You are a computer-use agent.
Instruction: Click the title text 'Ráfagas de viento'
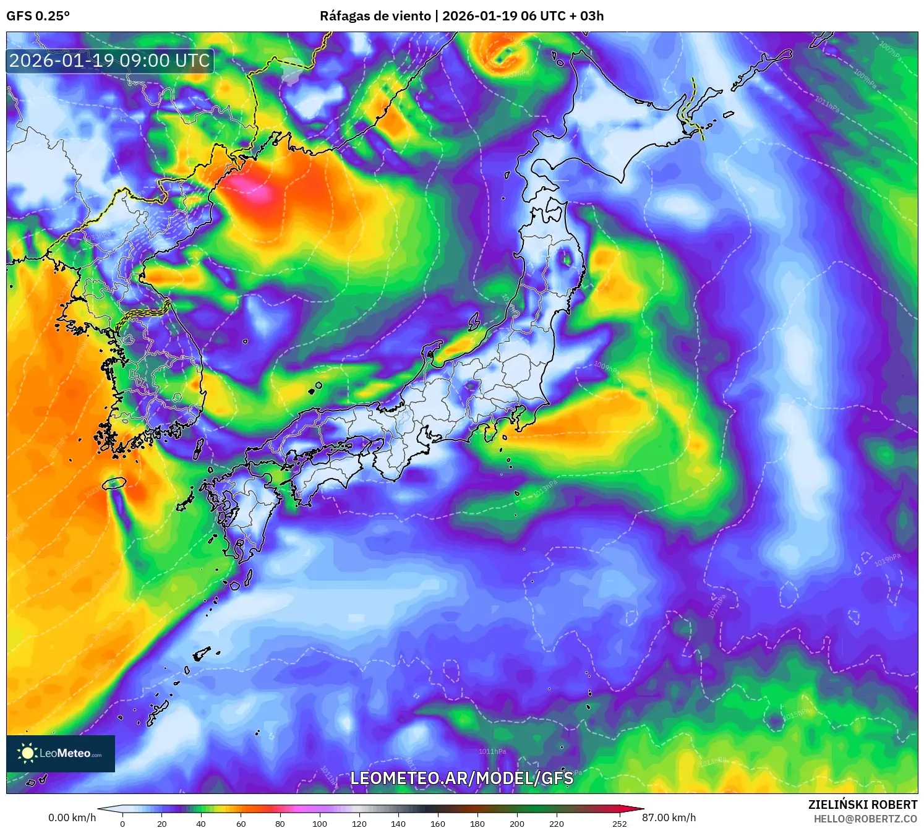(x=375, y=16)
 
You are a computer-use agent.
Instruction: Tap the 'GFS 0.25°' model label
(x=38, y=16)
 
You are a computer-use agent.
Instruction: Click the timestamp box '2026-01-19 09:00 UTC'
(x=109, y=61)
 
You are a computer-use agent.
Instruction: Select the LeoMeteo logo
(x=61, y=753)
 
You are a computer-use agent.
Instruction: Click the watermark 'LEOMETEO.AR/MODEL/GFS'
(x=461, y=778)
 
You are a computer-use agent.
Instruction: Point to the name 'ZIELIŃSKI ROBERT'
(x=862, y=805)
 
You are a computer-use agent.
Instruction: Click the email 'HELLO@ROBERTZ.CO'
(x=865, y=819)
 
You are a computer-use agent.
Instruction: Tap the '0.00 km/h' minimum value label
(x=72, y=817)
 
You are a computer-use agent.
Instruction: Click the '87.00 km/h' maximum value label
(x=669, y=817)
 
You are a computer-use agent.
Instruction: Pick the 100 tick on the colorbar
(x=319, y=823)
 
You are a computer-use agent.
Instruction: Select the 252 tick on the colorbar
(x=619, y=823)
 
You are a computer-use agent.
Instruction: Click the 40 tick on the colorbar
(x=201, y=823)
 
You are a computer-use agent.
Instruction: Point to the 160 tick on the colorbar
(x=438, y=823)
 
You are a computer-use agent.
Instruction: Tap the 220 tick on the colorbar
(x=556, y=823)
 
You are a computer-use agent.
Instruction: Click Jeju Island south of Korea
(x=114, y=483)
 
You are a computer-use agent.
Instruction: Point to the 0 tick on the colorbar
(x=122, y=823)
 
